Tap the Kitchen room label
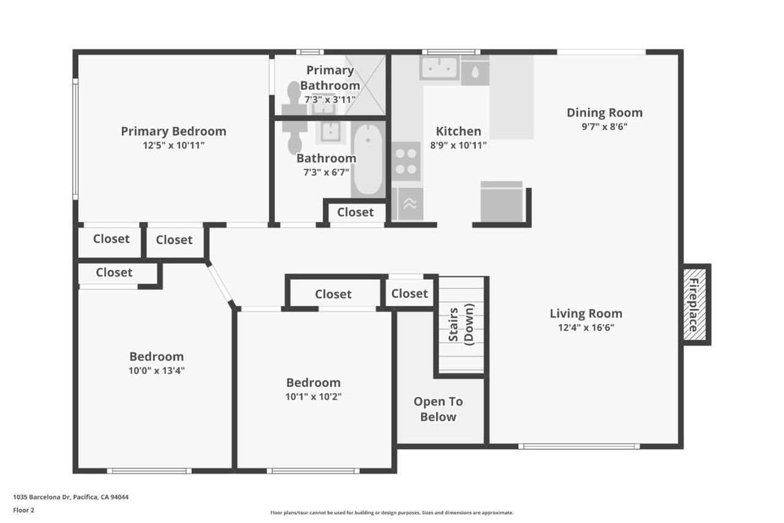tap(458, 131)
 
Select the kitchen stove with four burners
tap(406, 161)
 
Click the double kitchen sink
tap(440, 67)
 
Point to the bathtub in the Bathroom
tap(368, 159)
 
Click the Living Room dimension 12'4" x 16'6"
tap(586, 327)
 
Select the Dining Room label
tap(605, 112)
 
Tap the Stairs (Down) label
tap(461, 324)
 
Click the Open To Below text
tap(438, 409)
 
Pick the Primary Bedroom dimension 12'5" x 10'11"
tap(173, 145)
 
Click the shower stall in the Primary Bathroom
tap(365, 85)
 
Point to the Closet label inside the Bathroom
tap(355, 212)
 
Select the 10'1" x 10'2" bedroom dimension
tap(313, 397)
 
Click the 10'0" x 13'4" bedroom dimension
tap(156, 370)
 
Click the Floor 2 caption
tap(24, 510)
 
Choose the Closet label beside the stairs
tap(409, 294)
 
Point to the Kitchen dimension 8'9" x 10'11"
tap(458, 145)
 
